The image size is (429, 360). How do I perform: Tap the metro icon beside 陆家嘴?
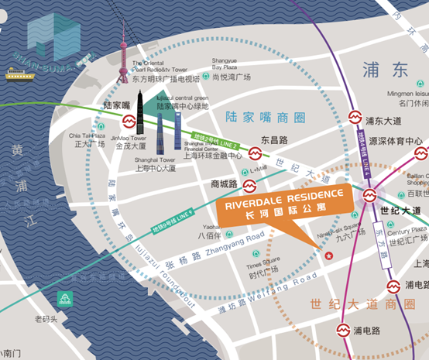pyautogui.click(x=129, y=122)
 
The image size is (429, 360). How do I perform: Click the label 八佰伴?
pyautogui.click(x=209, y=235)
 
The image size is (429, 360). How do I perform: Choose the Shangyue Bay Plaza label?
pyautogui.click(x=225, y=67)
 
